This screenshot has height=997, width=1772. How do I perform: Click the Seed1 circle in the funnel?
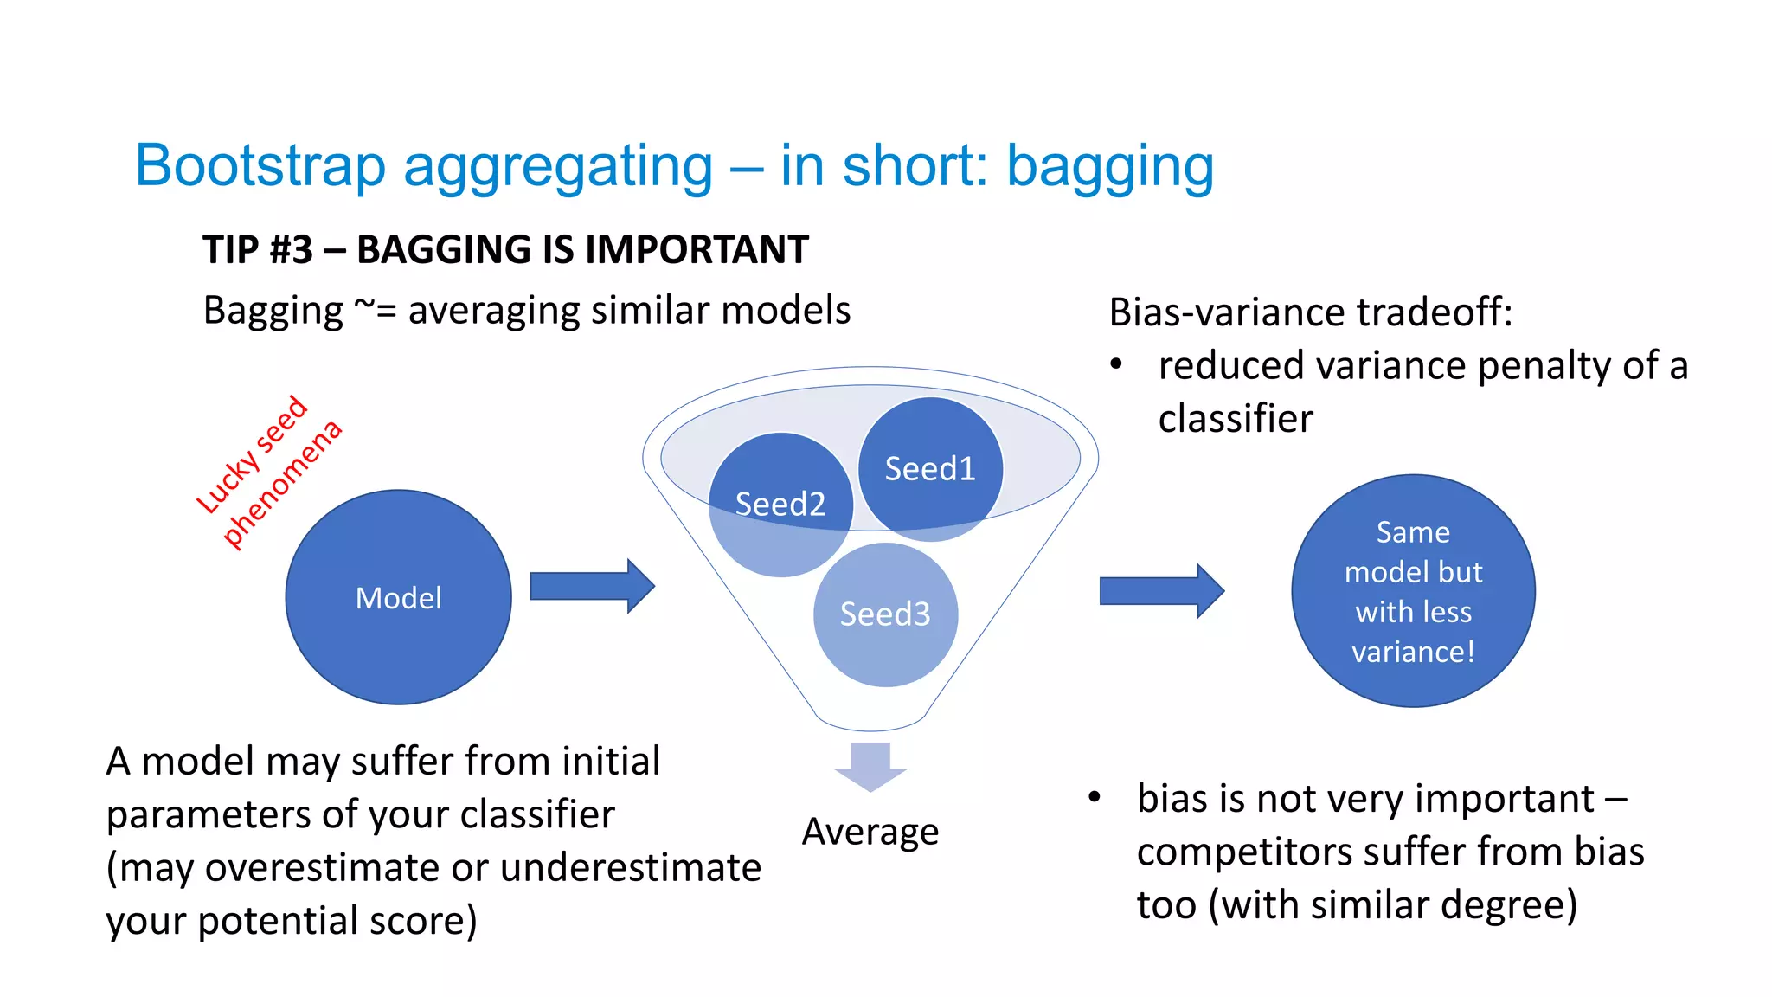(x=930, y=468)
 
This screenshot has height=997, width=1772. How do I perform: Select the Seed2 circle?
(x=780, y=504)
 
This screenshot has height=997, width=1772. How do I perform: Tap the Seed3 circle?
(x=885, y=614)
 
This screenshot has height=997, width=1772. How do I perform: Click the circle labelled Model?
(x=398, y=597)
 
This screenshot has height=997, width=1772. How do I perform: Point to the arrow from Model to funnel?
(x=592, y=586)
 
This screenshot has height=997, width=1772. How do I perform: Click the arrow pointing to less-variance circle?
(x=1161, y=591)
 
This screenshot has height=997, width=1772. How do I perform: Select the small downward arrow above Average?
(x=870, y=766)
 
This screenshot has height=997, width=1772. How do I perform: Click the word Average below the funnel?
(x=870, y=832)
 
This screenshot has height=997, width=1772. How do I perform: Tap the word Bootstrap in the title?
(x=260, y=165)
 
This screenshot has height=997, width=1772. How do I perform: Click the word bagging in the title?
(x=1110, y=165)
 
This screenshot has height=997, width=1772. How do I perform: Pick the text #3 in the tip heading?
(x=291, y=250)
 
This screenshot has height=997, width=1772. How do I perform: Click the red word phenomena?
(x=282, y=484)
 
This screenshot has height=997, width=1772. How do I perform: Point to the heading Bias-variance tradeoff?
(x=1310, y=312)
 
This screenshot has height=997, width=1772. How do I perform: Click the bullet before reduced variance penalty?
(x=1116, y=364)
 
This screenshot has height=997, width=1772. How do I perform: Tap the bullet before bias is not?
(x=1095, y=797)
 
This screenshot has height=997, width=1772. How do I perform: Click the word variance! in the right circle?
(x=1413, y=652)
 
